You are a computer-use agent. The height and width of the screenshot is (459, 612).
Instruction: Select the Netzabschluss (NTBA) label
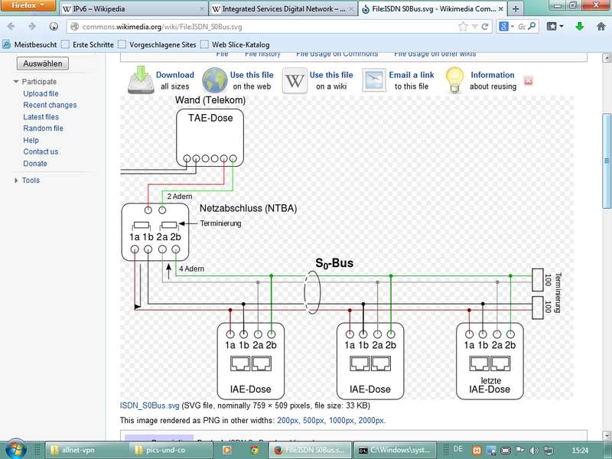248,208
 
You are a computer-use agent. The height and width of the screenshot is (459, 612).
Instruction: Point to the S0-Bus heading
334,264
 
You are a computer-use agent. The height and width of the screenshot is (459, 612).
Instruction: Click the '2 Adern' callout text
180,197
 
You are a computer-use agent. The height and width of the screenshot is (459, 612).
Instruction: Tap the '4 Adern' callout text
191,269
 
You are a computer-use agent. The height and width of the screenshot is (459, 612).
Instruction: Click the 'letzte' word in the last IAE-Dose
490,379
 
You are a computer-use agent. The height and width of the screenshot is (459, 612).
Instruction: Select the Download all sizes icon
140,80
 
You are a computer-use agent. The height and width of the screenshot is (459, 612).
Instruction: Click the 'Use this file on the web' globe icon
215,80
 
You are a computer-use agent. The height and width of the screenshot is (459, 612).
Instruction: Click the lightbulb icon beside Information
455,80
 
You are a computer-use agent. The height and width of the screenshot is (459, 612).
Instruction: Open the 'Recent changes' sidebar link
50,105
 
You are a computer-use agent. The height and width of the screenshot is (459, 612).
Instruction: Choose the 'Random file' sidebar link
43,129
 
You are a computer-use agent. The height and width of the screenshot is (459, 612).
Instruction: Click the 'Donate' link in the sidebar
35,164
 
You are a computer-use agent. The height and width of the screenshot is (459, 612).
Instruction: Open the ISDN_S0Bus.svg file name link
149,405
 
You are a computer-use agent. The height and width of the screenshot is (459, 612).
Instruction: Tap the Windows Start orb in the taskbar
16,449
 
